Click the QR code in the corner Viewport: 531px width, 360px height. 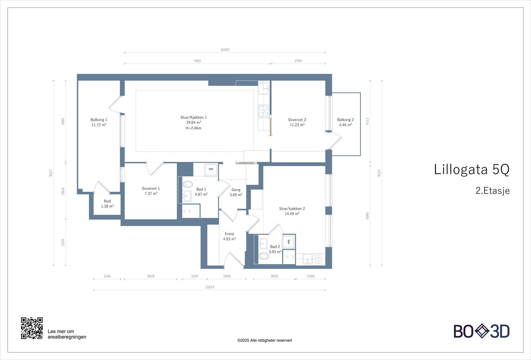coord(32,328)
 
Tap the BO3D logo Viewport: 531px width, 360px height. coord(482,331)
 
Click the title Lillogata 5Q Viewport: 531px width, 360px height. coord(472,169)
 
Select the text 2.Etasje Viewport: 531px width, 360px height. coord(493,190)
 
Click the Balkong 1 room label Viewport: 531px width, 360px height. coord(99,122)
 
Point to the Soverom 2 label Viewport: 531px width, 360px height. coord(297,122)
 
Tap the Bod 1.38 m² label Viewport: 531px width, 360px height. coord(108,204)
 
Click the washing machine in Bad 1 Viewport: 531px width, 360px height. coord(211,170)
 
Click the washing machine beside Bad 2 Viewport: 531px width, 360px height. coord(289,242)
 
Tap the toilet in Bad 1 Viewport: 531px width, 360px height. coord(188,184)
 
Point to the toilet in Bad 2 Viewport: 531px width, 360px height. coord(264,256)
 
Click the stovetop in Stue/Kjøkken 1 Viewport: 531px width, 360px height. coord(264,111)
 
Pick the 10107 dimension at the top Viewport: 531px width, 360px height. coord(225,50)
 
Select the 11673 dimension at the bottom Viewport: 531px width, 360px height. coord(209,287)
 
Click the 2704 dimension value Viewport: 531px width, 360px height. coord(298,61)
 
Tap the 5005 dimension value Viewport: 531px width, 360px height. coord(367,216)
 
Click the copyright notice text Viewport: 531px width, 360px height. coord(265,340)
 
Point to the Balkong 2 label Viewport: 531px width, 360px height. coord(345,122)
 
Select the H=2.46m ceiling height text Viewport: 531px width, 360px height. coord(193,128)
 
